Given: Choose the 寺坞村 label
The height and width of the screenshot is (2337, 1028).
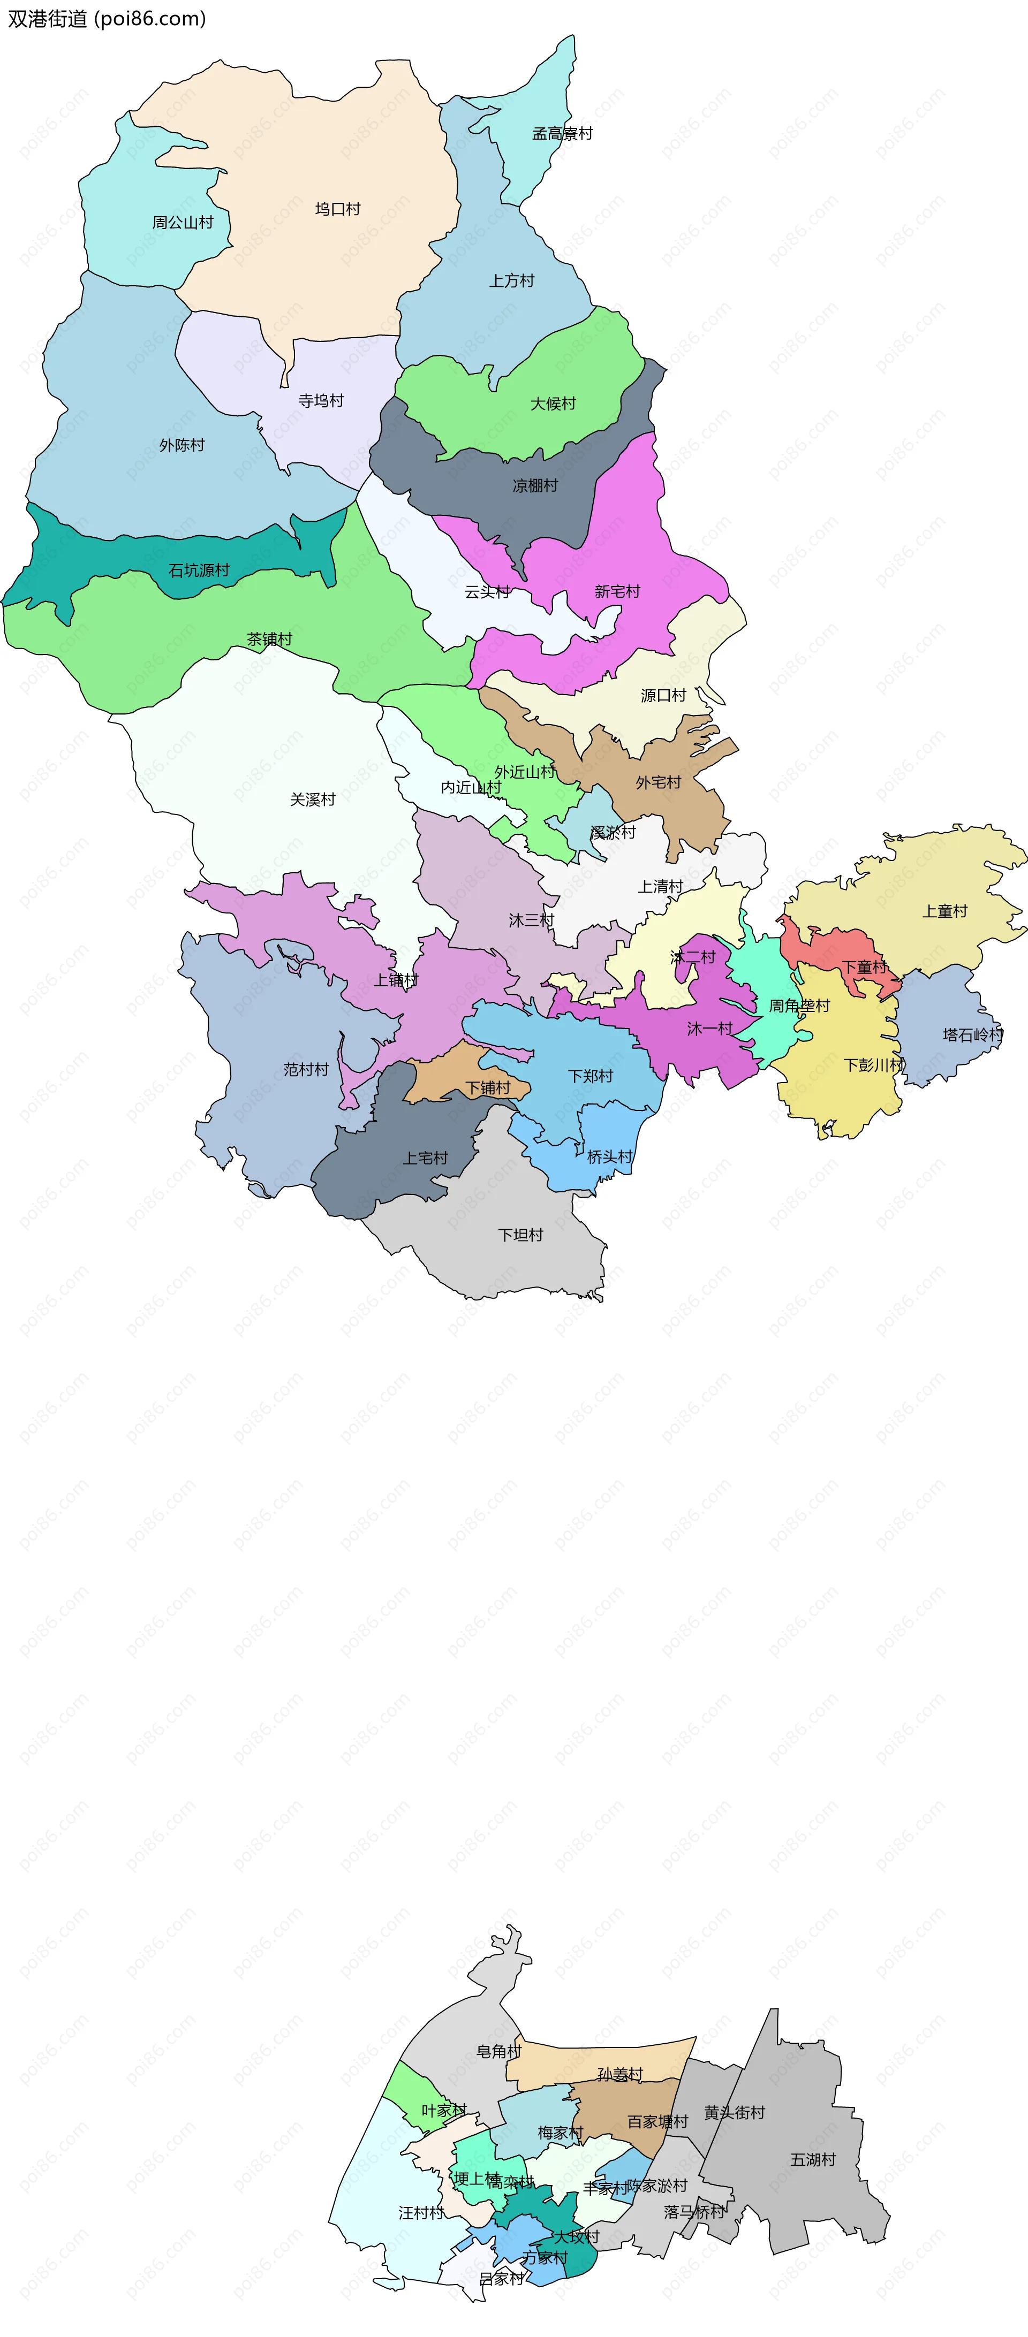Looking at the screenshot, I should [x=321, y=401].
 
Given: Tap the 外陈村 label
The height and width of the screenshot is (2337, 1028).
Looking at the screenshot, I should [x=182, y=445].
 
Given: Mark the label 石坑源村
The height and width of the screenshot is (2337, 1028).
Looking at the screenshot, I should [x=199, y=570].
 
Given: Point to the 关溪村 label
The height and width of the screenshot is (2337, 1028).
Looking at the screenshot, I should [x=312, y=800].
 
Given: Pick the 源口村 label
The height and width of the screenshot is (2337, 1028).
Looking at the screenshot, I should [x=663, y=696].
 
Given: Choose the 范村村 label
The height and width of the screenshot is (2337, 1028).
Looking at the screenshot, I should [x=306, y=1070].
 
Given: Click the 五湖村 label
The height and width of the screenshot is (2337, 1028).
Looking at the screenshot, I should [x=813, y=2160].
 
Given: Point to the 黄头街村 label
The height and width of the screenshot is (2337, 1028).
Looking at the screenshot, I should [x=734, y=2113].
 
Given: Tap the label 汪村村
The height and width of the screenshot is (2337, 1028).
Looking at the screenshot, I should [x=421, y=2213].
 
